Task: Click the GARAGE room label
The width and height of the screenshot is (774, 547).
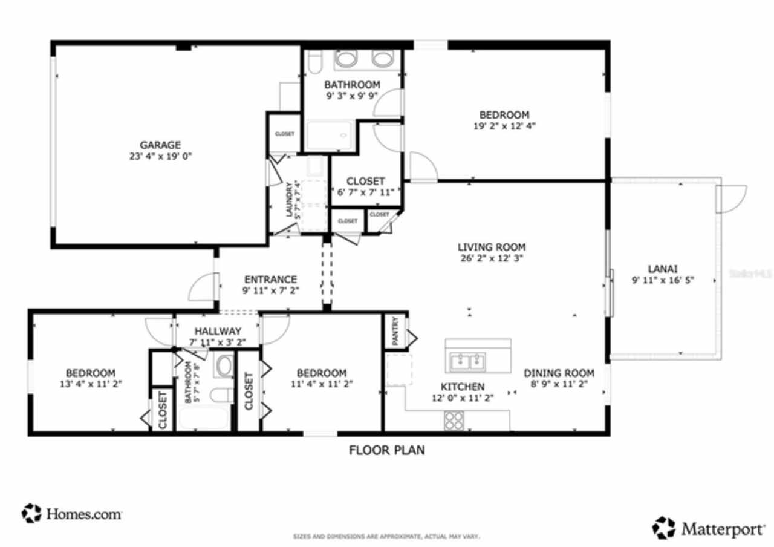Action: click(x=160, y=145)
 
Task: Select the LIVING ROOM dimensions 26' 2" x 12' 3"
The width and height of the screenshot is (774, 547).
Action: click(x=491, y=257)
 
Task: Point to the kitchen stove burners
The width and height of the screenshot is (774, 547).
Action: click(x=454, y=419)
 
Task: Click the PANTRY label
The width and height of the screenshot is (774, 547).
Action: click(x=395, y=332)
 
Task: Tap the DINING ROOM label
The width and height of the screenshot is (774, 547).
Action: click(x=559, y=373)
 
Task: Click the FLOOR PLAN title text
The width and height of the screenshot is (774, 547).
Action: click(x=387, y=450)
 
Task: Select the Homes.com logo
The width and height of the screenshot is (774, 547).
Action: click(x=73, y=514)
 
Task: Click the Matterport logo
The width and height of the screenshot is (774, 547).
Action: click(x=708, y=528)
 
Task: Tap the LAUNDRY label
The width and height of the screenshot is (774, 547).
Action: click(x=290, y=199)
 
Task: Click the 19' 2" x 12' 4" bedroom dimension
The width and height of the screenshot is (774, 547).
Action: click(x=504, y=126)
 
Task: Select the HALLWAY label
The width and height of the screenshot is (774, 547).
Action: click(x=218, y=331)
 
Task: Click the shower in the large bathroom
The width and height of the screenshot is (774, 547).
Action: click(x=329, y=136)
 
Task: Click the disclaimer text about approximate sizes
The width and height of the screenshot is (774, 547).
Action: click(x=386, y=536)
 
